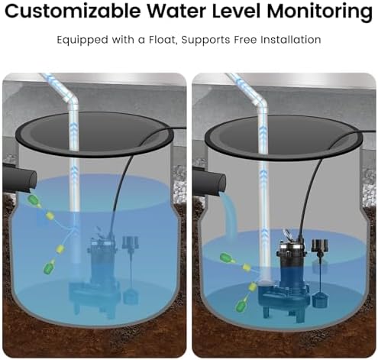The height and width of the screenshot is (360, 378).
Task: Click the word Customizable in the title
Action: tap(73, 11)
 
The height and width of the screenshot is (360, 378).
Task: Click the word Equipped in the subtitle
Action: tap(82, 41)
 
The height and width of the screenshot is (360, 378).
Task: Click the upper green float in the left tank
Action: tap(34, 200)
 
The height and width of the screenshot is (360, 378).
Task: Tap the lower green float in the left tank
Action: tap(49, 267)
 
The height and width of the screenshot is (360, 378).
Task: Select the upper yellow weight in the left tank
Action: tap(50, 216)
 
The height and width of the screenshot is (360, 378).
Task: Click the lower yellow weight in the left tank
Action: tap(61, 248)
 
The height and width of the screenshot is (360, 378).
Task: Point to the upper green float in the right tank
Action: tap(227, 258)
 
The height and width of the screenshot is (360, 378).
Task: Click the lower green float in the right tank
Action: tap(241, 303)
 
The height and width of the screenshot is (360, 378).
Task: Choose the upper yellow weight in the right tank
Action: tap(247, 267)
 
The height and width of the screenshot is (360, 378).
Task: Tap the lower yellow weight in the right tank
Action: tap(253, 287)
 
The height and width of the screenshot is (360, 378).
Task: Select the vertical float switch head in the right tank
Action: tap(320, 245)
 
